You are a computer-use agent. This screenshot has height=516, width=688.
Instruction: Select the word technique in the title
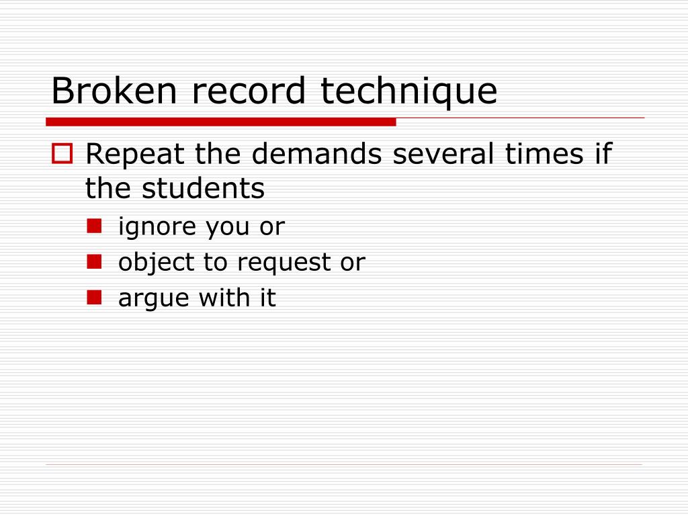(408, 92)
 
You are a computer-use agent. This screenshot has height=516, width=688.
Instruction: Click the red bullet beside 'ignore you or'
(94, 226)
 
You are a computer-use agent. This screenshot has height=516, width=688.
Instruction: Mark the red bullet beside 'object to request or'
(94, 261)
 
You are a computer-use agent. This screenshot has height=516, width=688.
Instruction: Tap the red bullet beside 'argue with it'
(94, 296)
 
